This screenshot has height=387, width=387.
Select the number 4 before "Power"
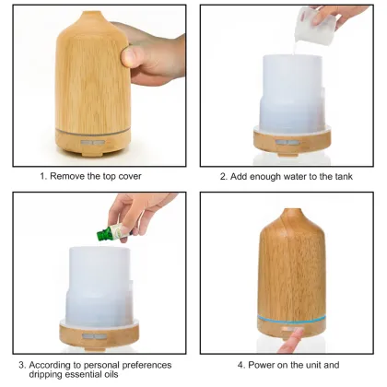coord(240,365)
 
